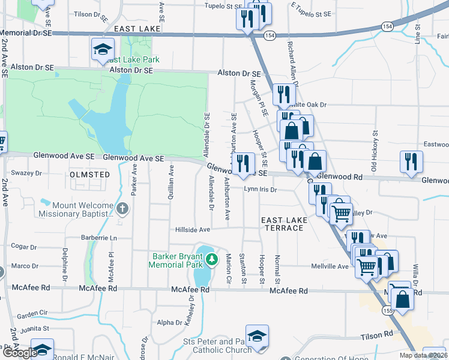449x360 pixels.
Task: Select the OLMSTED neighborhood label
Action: click(x=90, y=175)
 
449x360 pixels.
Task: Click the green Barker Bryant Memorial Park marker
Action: click(x=211, y=260)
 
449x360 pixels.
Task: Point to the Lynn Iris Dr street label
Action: click(x=260, y=190)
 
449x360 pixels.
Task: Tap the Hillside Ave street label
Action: click(x=192, y=229)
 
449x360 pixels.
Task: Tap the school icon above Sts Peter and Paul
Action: click(x=257, y=336)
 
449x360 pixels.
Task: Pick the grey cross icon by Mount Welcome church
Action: click(x=122, y=209)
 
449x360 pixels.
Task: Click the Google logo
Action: click(x=19, y=353)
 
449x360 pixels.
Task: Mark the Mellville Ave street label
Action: click(x=330, y=266)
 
